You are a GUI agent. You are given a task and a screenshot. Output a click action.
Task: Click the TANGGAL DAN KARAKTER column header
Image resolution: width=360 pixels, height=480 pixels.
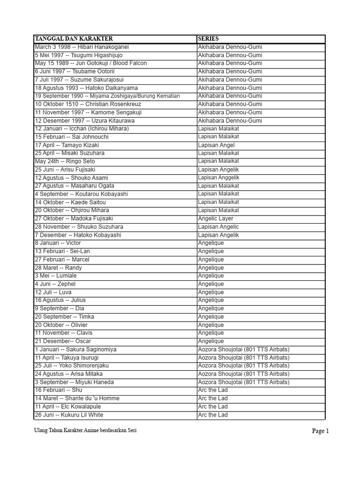tap(74, 38)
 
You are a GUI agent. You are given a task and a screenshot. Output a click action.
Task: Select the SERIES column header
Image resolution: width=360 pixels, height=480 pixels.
tap(208, 38)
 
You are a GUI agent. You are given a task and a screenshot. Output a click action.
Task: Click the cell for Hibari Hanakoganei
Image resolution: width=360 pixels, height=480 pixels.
tap(82, 47)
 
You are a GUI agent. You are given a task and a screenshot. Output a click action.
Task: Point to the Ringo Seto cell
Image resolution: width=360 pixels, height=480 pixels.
tap(65, 161)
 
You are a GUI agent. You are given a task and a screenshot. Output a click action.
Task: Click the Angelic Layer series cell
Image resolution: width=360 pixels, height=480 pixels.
tap(215, 218)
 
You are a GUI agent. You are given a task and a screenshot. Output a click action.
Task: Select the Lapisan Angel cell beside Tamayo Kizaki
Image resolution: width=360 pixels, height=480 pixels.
tap(216, 145)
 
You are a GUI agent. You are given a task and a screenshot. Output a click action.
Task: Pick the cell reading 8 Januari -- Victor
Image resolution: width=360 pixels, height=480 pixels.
tap(58, 243)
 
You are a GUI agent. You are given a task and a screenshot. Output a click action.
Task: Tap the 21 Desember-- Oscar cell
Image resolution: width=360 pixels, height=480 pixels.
tap(63, 341)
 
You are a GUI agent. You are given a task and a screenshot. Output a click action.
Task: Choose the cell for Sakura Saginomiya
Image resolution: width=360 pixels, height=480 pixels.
tap(75, 349)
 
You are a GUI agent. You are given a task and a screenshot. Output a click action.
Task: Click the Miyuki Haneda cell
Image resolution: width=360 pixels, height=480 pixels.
tap(75, 382)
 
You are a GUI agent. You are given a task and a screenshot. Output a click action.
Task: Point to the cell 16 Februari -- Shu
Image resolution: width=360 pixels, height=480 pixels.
tap(59, 390)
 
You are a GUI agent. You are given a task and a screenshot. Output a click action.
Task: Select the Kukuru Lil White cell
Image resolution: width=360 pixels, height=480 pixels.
tap(69, 415)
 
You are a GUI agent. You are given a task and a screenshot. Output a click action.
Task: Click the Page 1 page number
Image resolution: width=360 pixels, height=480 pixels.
tap(321, 431)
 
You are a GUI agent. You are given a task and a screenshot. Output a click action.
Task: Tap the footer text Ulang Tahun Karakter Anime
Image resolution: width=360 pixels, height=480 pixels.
tap(85, 430)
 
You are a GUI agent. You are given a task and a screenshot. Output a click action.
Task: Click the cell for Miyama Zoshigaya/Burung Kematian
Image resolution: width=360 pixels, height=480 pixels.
tap(107, 96)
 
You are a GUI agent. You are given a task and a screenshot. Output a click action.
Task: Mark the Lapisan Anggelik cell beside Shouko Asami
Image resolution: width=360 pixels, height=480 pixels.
tap(218, 178)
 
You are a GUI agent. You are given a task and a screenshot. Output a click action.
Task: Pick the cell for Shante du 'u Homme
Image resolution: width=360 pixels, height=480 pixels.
tap(77, 398)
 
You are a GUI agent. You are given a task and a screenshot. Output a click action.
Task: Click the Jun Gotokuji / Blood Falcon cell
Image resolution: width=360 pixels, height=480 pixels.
tap(90, 63)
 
